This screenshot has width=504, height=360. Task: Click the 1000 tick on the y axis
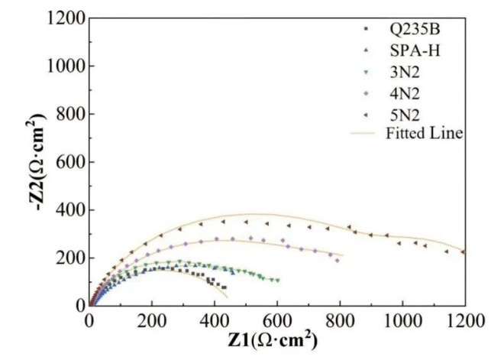63,66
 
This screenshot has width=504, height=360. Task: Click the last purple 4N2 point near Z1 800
338,260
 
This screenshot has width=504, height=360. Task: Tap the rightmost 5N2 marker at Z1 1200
463,251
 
